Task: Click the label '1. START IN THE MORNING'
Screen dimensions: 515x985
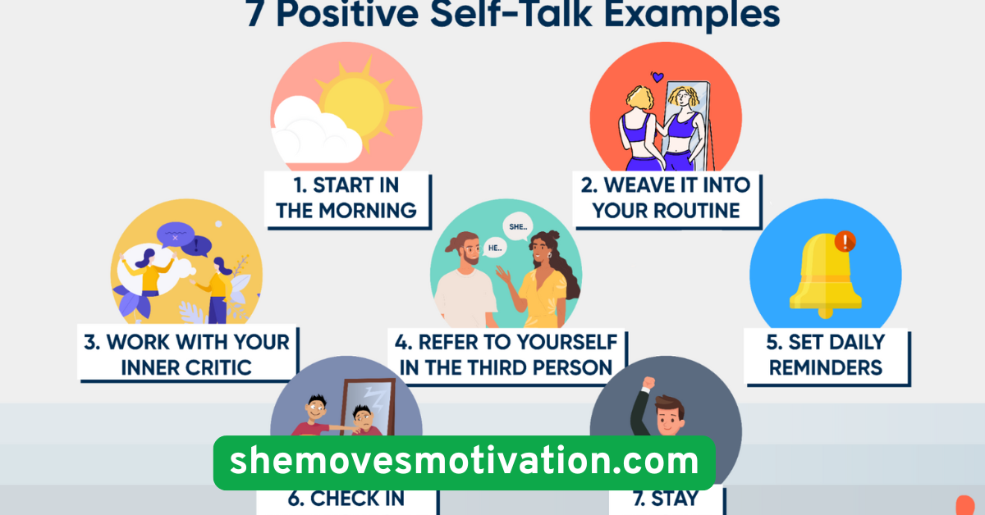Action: pos(346,198)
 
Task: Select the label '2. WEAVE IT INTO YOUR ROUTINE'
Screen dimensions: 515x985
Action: pos(666,198)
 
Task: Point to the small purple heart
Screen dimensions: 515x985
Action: pos(657,77)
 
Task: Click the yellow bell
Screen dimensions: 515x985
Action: pos(825,275)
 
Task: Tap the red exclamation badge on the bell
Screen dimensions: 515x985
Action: pos(844,241)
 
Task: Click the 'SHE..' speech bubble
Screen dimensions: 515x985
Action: pos(519,226)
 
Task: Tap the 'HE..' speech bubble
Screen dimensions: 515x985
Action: pos(494,246)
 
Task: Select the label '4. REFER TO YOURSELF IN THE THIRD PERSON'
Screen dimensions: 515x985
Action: pos(506,354)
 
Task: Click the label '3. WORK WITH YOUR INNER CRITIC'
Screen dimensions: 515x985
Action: pos(187,354)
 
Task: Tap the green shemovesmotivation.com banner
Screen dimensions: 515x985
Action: pos(464,463)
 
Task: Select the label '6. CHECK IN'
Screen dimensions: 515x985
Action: pos(346,499)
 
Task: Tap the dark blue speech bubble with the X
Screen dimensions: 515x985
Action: pos(175,235)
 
